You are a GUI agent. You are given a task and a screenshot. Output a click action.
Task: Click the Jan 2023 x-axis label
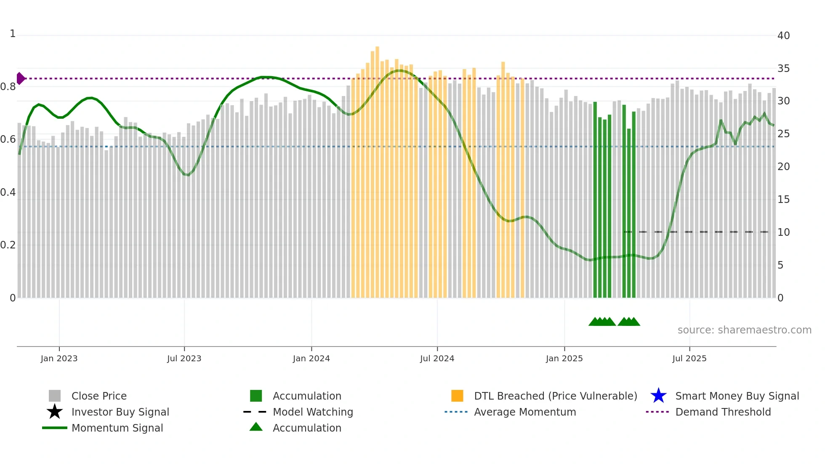point(59,358)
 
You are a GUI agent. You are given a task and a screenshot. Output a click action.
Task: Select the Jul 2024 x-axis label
point(437,358)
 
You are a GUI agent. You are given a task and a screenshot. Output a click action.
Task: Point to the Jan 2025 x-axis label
point(564,358)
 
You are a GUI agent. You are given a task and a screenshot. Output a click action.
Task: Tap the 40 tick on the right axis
point(783,36)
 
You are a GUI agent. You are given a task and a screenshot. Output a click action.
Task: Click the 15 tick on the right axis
point(783,200)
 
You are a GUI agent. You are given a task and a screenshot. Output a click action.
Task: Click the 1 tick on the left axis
point(13,34)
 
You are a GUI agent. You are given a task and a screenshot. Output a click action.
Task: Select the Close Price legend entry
point(98,396)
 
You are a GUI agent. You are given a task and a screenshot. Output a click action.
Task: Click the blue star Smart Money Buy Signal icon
point(658,396)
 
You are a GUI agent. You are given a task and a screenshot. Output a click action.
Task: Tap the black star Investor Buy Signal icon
point(55,412)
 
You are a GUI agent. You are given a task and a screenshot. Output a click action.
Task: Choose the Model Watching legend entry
point(312,412)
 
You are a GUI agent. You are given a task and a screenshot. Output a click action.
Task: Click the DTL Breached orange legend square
point(457,396)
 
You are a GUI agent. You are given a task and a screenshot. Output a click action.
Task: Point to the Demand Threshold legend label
point(723,412)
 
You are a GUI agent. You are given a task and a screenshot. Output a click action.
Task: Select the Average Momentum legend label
point(524,412)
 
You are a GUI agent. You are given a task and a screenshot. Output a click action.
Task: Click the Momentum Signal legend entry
point(117,428)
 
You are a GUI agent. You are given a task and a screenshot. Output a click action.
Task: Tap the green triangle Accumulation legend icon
point(256,427)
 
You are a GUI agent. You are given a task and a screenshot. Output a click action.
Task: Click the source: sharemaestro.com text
point(744,330)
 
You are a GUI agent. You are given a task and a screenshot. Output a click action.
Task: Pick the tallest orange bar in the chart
point(377,168)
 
